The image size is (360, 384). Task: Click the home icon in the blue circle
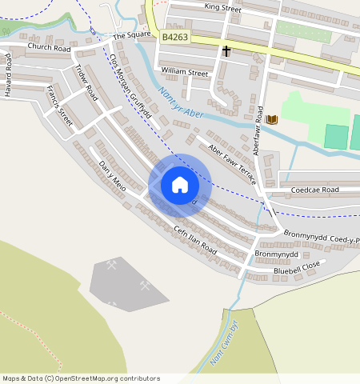180,186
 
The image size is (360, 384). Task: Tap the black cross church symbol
226,52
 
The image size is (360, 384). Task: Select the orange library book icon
272,119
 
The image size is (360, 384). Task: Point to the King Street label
222,8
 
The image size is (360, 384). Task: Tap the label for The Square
131,36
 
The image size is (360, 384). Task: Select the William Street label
184,73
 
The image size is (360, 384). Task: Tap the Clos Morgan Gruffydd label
130,90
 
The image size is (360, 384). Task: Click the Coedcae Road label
315,190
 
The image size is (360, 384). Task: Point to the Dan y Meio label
112,176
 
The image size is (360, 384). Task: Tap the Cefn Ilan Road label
195,239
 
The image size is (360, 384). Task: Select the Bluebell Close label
296,264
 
